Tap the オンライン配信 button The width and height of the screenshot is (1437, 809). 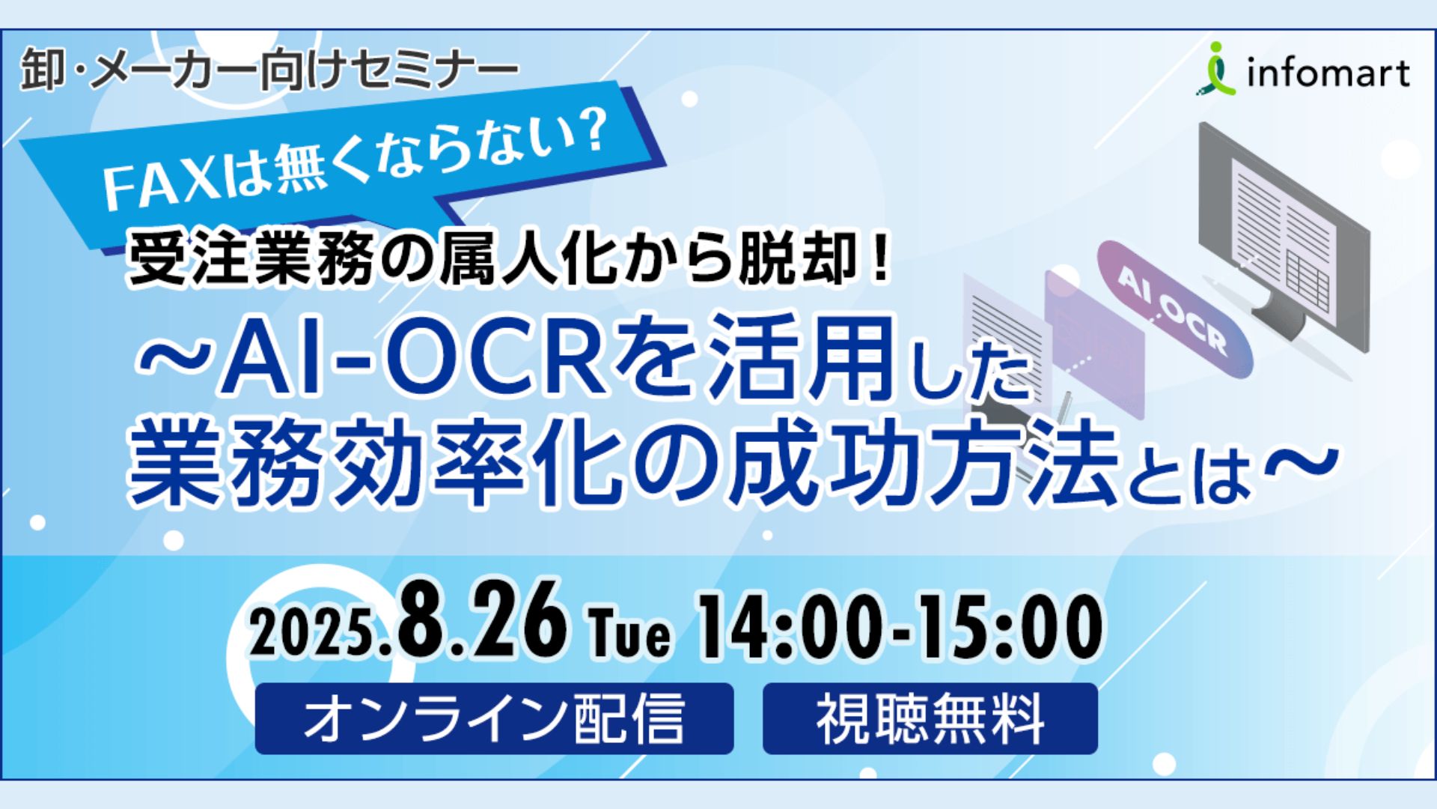tap(494, 718)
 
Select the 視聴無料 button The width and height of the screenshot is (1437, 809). tap(930, 718)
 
